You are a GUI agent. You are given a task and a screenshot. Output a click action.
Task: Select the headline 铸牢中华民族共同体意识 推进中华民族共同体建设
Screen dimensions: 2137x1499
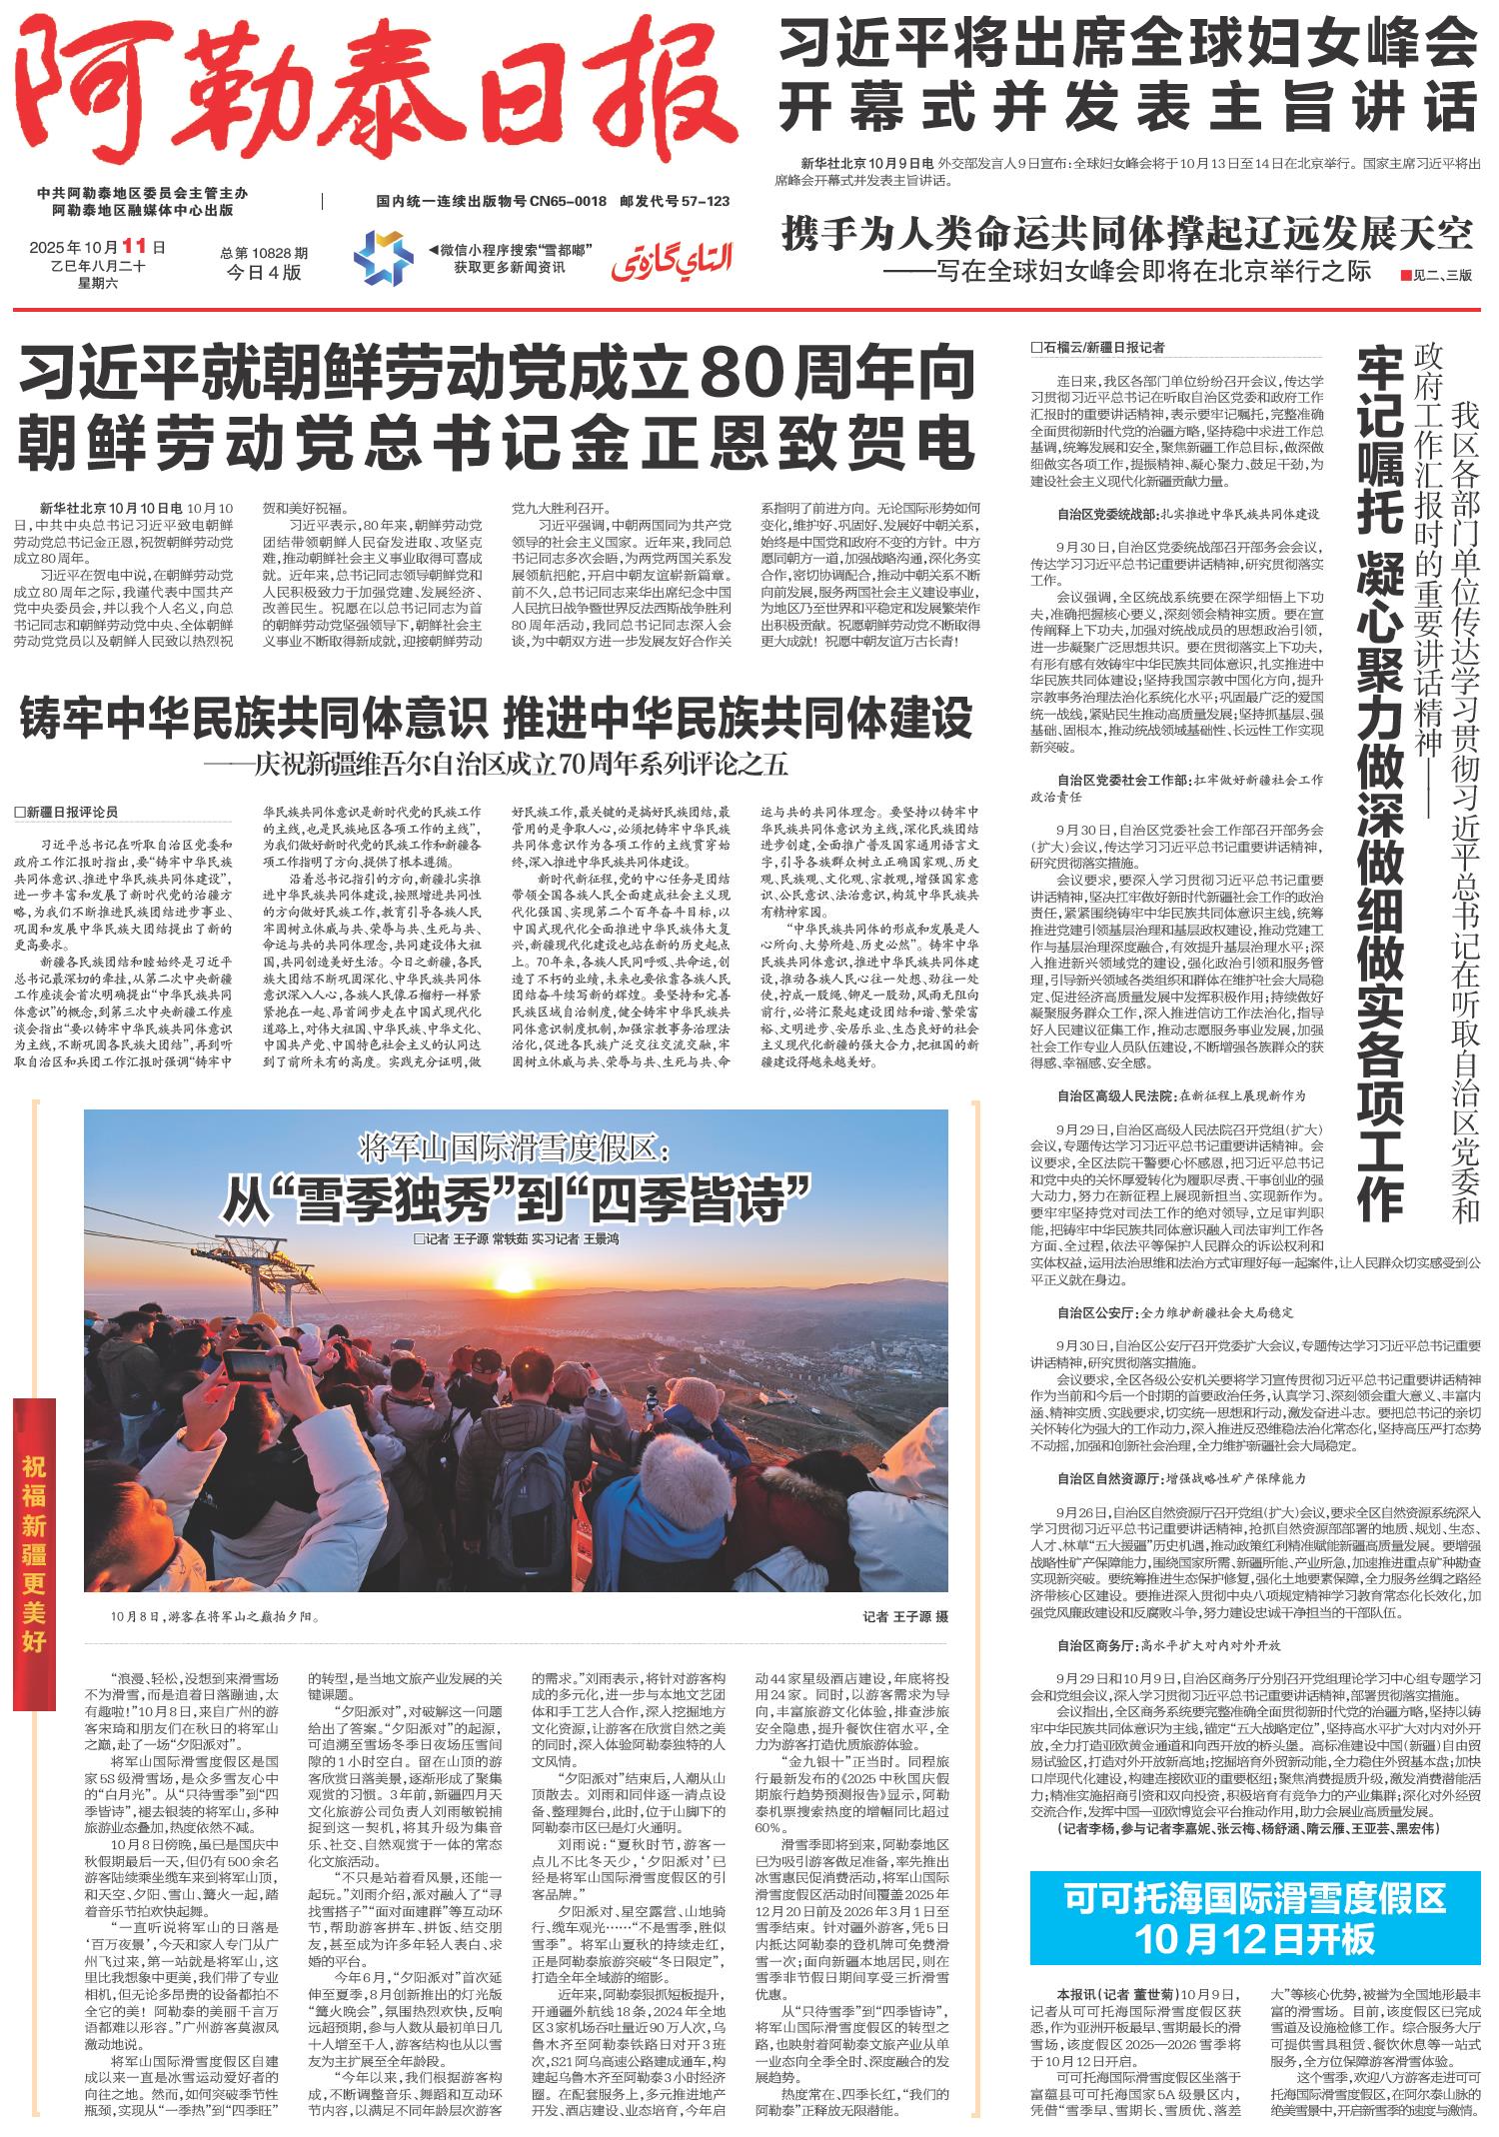(498, 719)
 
